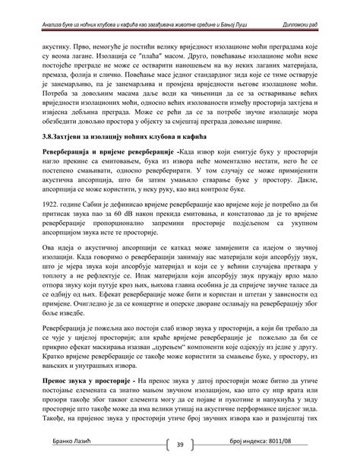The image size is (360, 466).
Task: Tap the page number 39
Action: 180,445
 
